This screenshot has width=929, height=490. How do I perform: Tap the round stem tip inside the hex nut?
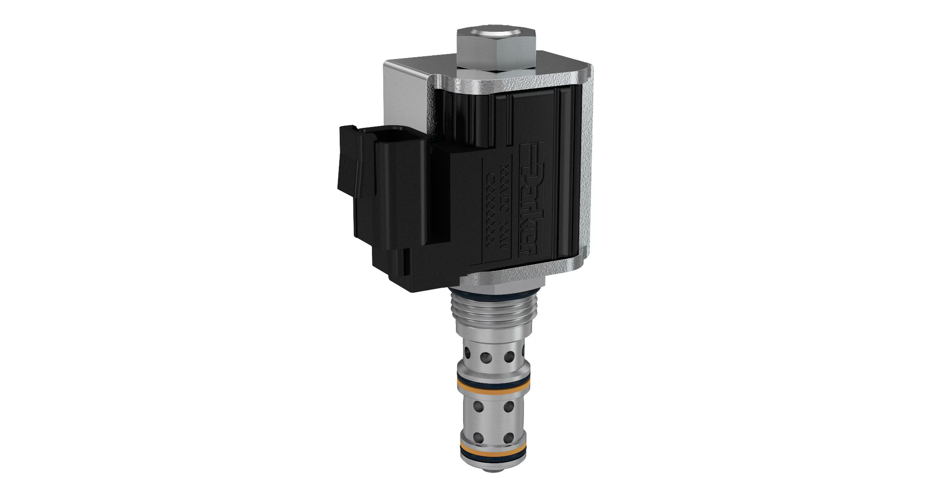coord(495,34)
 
